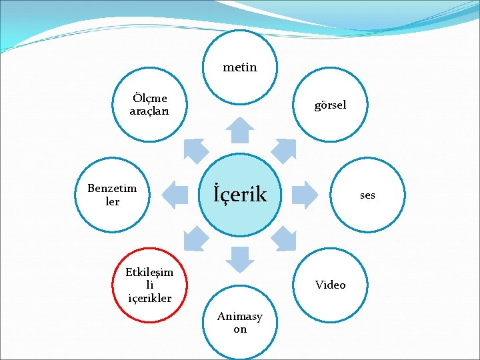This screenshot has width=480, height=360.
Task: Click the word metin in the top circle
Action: [240, 67]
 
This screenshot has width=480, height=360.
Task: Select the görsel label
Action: [330, 105]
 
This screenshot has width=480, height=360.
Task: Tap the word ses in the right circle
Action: [367, 195]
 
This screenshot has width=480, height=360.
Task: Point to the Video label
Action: [330, 285]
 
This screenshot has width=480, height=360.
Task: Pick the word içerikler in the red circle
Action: [149, 298]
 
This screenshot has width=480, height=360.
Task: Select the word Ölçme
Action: [149, 99]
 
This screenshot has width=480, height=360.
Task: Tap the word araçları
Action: [149, 111]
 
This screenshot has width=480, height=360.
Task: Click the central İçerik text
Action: [240, 195]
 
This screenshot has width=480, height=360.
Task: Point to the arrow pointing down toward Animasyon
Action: [240, 259]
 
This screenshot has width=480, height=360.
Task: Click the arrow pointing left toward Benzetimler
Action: [175, 193]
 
